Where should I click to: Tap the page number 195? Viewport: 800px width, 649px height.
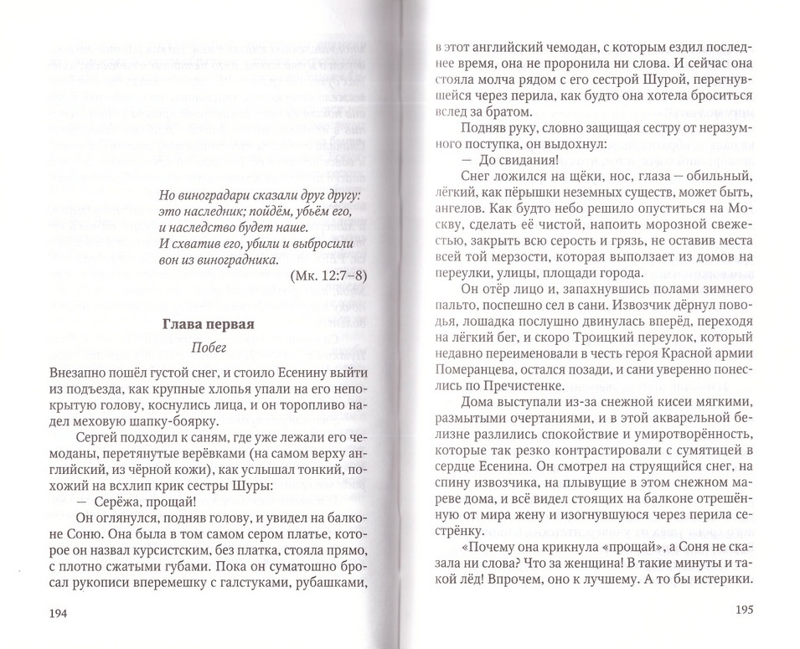point(745,610)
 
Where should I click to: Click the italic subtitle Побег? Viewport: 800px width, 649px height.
point(209,350)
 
